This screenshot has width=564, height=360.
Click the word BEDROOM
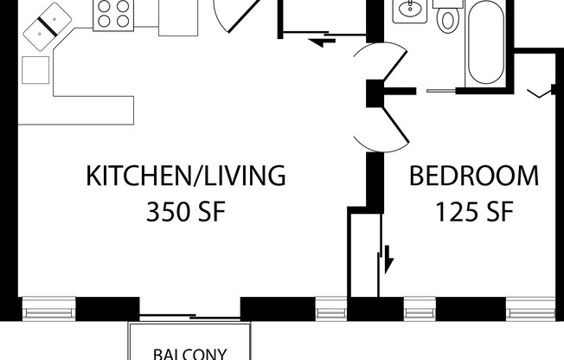pos(473,177)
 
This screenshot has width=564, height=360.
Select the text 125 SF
pos(473,211)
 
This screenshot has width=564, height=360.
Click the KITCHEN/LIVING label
pos(185,177)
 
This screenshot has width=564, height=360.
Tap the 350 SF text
pos(185,211)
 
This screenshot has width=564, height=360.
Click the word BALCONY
pos(190,353)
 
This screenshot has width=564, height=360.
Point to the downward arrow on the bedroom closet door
pos(388,257)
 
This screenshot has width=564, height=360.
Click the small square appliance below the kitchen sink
pos(35,68)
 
